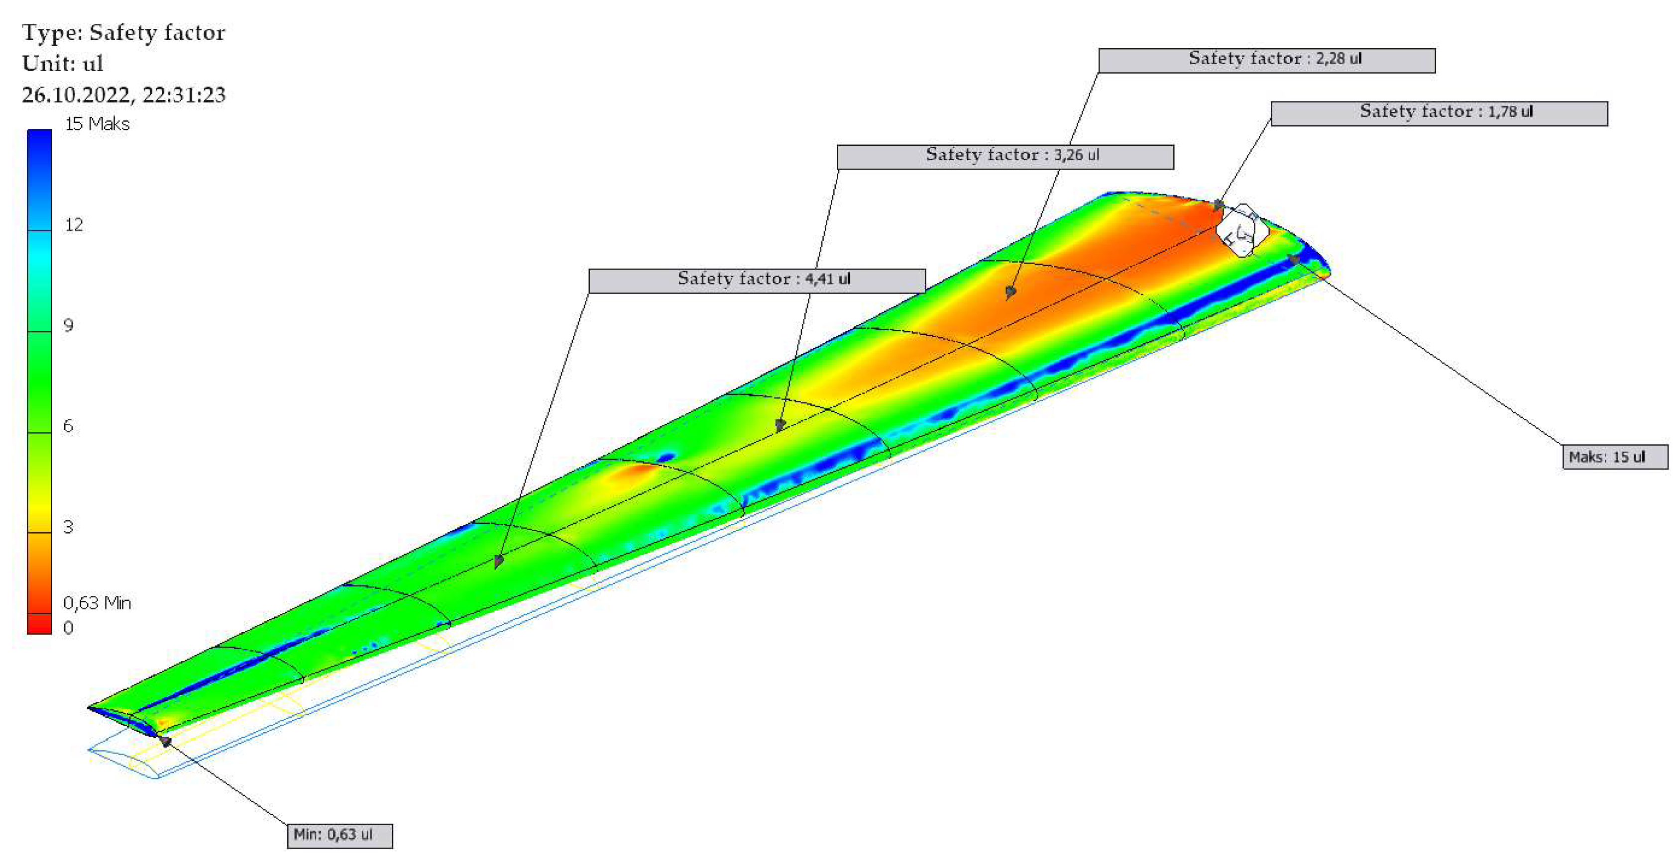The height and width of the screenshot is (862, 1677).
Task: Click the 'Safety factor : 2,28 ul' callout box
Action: pos(1266,61)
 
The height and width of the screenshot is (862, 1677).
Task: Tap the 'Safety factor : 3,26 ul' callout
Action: pos(1005,157)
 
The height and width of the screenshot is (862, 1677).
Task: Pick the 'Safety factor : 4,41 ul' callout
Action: pos(757,281)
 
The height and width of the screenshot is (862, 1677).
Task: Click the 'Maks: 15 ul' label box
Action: pos(1615,457)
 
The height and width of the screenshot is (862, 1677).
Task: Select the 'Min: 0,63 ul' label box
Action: pos(340,835)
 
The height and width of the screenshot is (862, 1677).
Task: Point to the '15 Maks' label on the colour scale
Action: pos(97,124)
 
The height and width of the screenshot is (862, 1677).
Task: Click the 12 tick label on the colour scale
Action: pos(74,225)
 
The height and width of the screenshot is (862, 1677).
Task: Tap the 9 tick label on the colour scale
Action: pos(68,325)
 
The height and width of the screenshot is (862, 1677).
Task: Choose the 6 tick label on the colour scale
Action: pos(68,426)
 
